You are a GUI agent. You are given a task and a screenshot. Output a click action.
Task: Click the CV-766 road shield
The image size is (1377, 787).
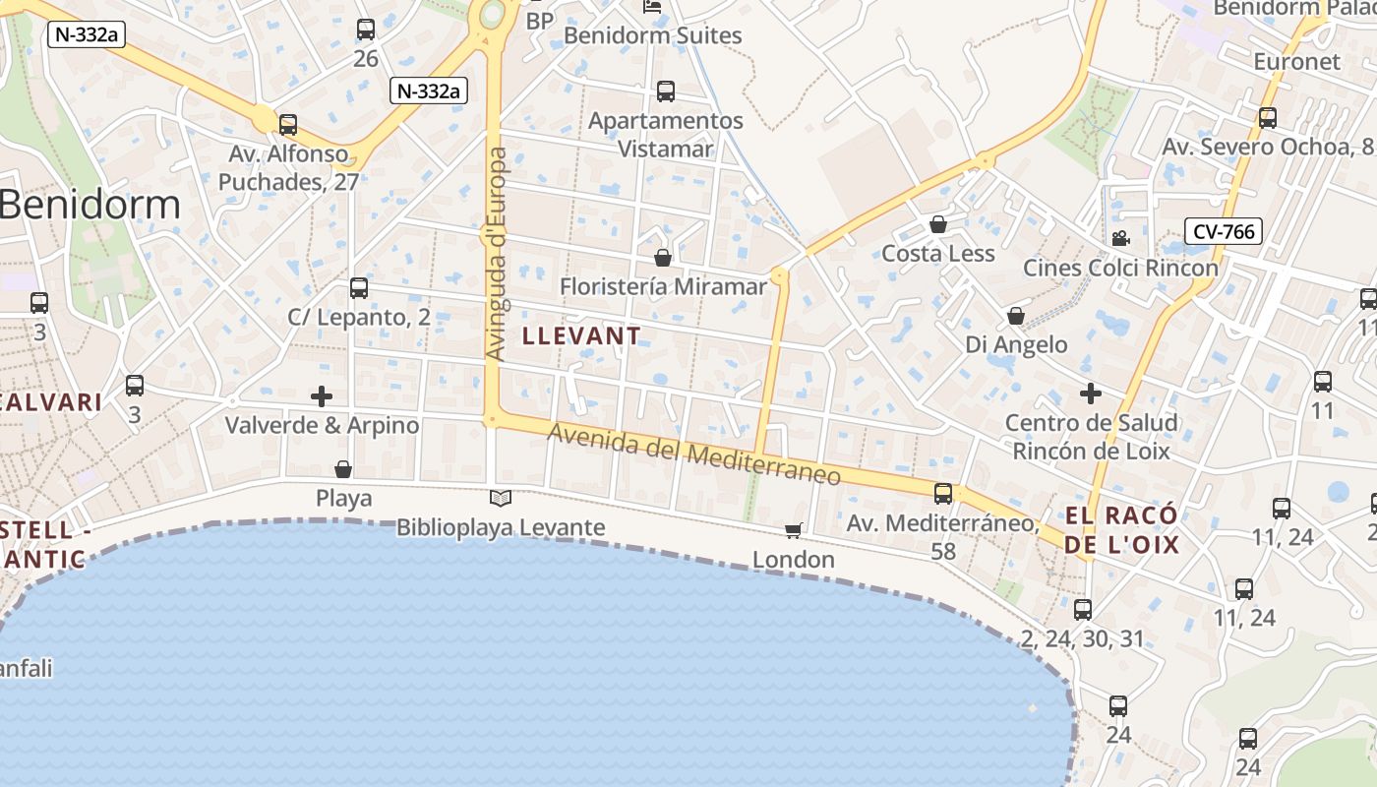[1224, 231]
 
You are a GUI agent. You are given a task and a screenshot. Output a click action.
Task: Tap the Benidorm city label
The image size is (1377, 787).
[90, 205]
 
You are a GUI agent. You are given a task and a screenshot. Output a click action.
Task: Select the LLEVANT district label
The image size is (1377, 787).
[581, 335]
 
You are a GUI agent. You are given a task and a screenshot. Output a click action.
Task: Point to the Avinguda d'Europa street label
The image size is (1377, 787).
[497, 254]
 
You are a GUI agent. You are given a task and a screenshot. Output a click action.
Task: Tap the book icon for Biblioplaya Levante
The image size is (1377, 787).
[501, 498]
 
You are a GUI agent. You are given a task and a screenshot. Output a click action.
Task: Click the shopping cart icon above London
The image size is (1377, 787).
[794, 531]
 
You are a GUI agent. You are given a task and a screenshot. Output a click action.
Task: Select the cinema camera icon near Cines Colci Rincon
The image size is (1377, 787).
[1120, 238]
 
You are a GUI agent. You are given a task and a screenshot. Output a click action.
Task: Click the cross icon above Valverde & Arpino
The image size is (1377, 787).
[322, 396]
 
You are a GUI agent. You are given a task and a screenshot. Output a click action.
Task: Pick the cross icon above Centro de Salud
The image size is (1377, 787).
[1091, 393]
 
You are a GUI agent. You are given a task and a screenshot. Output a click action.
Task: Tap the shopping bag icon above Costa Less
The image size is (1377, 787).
[938, 224]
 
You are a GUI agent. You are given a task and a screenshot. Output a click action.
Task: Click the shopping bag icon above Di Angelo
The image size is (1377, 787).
[1016, 316]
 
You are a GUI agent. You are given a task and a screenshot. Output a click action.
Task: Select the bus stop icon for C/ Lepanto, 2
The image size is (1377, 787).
[359, 288]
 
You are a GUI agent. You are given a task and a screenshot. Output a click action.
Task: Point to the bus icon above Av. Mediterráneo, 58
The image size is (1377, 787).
[943, 494]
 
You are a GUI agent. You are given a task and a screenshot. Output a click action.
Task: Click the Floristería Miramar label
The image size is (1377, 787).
[663, 286]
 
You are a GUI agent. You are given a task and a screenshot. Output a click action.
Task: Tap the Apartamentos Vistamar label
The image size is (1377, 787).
[666, 135]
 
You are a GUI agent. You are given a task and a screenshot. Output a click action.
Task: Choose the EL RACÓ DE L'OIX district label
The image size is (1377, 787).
[1122, 530]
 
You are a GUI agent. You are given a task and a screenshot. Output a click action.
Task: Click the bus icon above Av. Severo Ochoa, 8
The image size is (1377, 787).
[1268, 118]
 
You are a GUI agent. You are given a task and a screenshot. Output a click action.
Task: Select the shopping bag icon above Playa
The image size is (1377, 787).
[343, 469]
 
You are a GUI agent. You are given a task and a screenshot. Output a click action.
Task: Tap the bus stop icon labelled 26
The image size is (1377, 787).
[366, 30]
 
